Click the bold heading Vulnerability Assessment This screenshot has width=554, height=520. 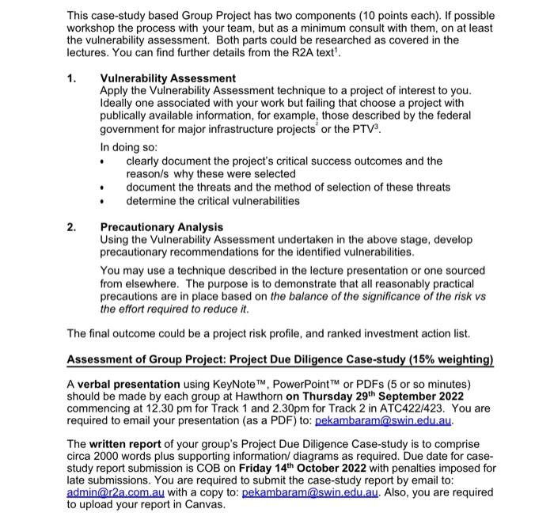[x=167, y=78]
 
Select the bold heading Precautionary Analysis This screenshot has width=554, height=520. [x=161, y=227]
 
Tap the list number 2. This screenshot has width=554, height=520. [x=72, y=227]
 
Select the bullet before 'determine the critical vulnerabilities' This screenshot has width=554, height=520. [x=104, y=201]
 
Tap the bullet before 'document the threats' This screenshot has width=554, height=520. [x=104, y=188]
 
